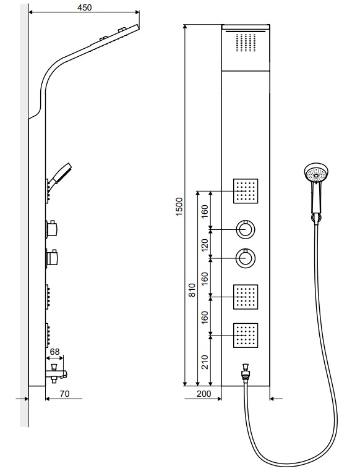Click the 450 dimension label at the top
tap(84, 7)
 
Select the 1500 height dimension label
tap(179, 206)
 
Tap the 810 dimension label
tap(192, 290)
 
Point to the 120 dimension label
tap(205, 245)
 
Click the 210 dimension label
tap(205, 362)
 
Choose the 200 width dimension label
tap(204, 394)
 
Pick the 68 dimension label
tap(55, 352)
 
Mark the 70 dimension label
tap(64, 394)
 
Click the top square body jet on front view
tap(246, 191)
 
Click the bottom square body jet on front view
tap(246, 336)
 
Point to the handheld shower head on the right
tap(316, 190)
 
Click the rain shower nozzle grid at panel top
tap(246, 43)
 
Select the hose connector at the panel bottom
tap(245, 374)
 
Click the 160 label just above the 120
tap(205, 211)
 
